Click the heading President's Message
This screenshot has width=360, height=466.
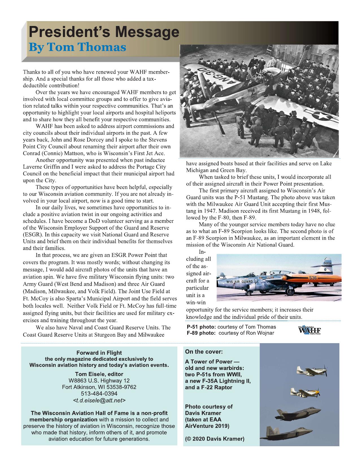click(104, 32)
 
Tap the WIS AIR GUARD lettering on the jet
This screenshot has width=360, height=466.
click(239, 282)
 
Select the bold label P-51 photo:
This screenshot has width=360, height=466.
click(202, 327)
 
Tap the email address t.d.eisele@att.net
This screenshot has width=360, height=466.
click(99, 400)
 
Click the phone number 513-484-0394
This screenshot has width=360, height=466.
click(99, 393)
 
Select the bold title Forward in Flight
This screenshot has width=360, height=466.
click(99, 353)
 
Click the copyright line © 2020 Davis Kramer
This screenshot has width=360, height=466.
click(215, 439)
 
